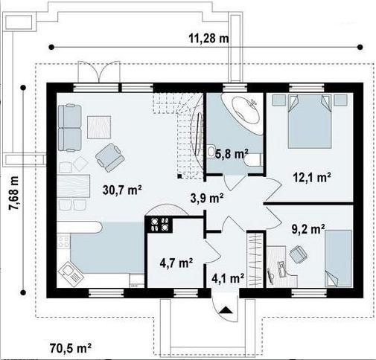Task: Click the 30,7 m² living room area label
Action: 122,190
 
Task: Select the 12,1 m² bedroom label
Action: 312,178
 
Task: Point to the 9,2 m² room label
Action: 308,229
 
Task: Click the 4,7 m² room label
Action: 176,263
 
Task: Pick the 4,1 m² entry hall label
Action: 228,278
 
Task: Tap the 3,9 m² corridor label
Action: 207,198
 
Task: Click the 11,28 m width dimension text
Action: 208,39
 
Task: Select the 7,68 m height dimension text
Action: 14,193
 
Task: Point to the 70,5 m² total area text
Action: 71,348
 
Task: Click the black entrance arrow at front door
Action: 226,310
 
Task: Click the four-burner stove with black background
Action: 159,225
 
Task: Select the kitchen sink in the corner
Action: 71,273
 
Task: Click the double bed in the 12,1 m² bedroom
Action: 310,121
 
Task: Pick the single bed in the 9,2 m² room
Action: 338,258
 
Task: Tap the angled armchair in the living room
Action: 110,158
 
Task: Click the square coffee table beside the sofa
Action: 99,127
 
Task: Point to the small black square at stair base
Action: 179,176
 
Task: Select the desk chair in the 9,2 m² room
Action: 298,254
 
